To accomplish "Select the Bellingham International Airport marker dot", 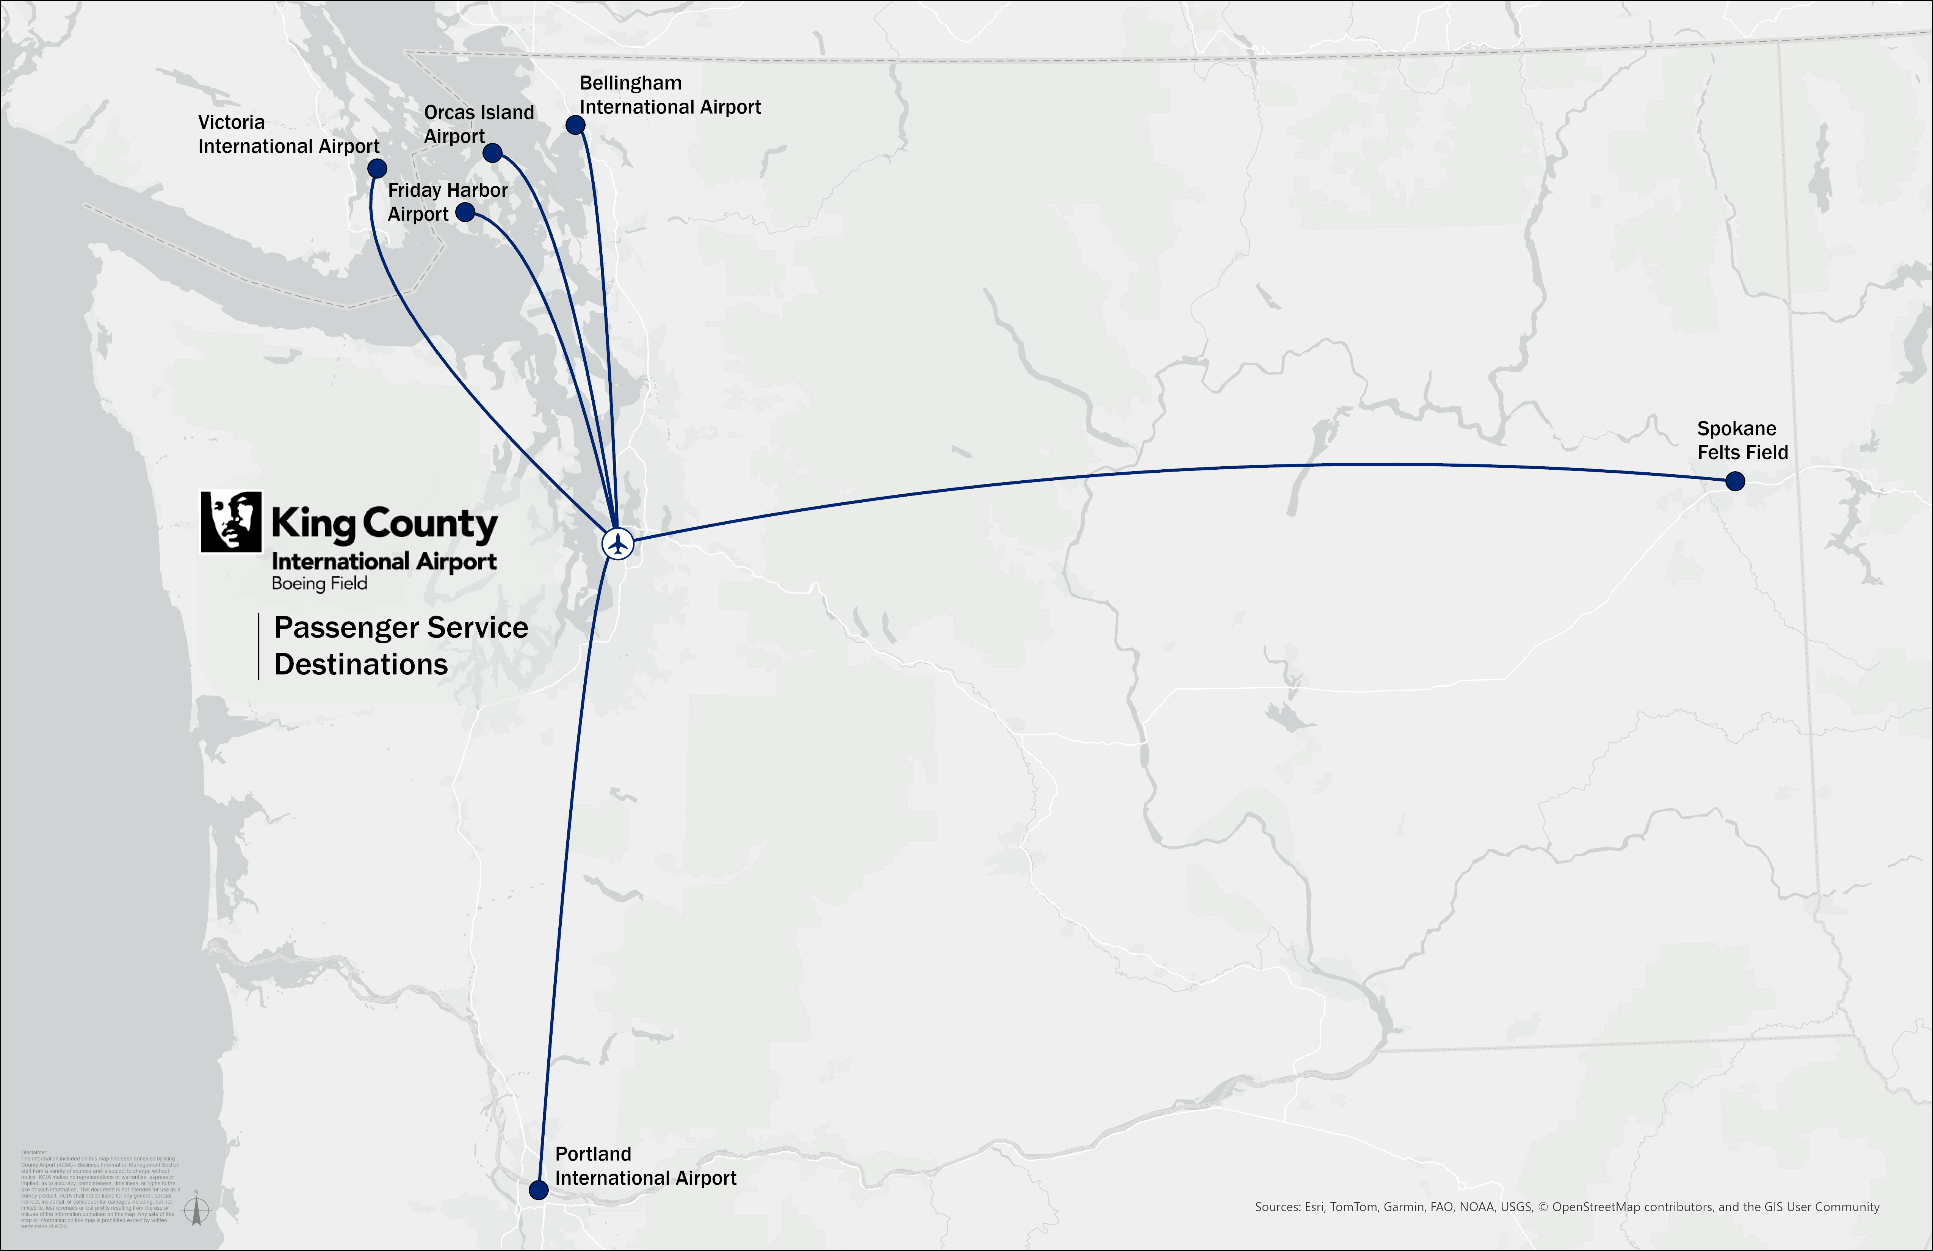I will pyautogui.click(x=575, y=124).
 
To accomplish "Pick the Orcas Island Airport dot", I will pyautogui.click(x=492, y=153).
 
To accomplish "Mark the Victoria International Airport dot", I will pyautogui.click(x=377, y=168).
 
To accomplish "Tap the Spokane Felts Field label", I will pyautogui.click(x=1742, y=440).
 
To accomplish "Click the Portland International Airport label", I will pyautogui.click(x=645, y=1166).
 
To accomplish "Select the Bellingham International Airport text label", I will pyautogui.click(x=669, y=95).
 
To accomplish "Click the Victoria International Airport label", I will pyautogui.click(x=288, y=134).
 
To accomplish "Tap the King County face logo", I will pyautogui.click(x=232, y=522).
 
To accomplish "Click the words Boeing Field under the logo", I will pyautogui.click(x=319, y=583).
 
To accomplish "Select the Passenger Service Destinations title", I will pyautogui.click(x=400, y=646).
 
